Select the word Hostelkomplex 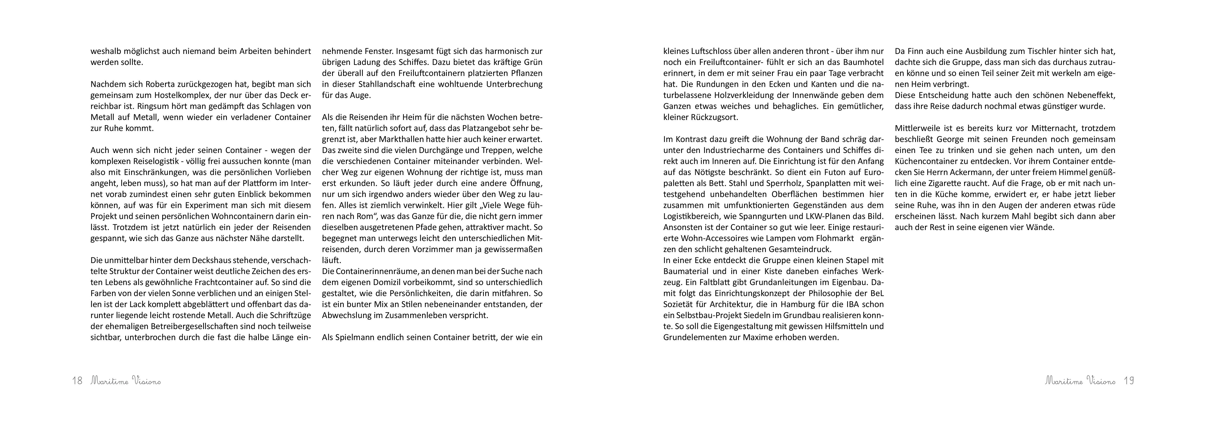coord(170,96)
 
